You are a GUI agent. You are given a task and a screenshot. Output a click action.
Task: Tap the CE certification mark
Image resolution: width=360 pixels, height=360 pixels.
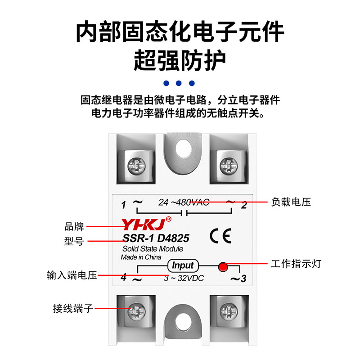coord(220,236)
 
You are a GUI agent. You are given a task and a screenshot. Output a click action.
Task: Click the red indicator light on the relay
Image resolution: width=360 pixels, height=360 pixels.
coord(223,267)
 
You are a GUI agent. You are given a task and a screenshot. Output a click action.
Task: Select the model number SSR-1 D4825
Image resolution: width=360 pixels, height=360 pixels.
coord(156,238)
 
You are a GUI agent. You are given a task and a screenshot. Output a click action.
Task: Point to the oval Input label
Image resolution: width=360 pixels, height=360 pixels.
coord(183,265)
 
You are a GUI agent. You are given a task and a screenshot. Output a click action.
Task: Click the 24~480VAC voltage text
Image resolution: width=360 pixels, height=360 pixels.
coord(184,202)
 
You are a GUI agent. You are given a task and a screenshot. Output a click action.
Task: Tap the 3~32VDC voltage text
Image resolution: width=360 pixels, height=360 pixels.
coord(184,278)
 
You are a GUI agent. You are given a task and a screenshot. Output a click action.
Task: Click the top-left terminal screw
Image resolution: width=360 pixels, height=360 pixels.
coord(136,166)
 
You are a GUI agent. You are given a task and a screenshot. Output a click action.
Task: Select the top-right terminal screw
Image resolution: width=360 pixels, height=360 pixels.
coord(229,166)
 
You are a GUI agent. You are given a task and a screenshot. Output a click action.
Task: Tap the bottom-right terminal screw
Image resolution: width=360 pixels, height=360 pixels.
coord(229,311)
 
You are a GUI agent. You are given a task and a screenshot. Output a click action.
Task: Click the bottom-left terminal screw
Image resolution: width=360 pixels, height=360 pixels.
coord(136,311)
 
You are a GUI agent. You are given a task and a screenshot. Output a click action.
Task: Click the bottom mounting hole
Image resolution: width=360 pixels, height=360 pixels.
coord(183,322)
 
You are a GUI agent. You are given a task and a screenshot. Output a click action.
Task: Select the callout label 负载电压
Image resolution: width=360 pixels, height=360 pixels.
coord(291,202)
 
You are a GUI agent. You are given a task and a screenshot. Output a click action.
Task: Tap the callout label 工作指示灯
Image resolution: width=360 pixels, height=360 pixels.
coord(296,264)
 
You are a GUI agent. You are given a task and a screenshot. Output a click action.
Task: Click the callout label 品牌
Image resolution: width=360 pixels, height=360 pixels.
coord(74,227)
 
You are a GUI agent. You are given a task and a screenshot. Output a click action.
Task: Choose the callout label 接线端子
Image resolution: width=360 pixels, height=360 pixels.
coord(73,308)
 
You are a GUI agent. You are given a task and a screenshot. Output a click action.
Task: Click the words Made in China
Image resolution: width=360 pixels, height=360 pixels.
coord(141,257)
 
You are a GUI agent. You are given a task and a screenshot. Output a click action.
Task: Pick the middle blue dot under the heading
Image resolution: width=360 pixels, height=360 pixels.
coord(179,83)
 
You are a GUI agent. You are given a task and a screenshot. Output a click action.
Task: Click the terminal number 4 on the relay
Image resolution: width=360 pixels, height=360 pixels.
coord(124,277)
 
